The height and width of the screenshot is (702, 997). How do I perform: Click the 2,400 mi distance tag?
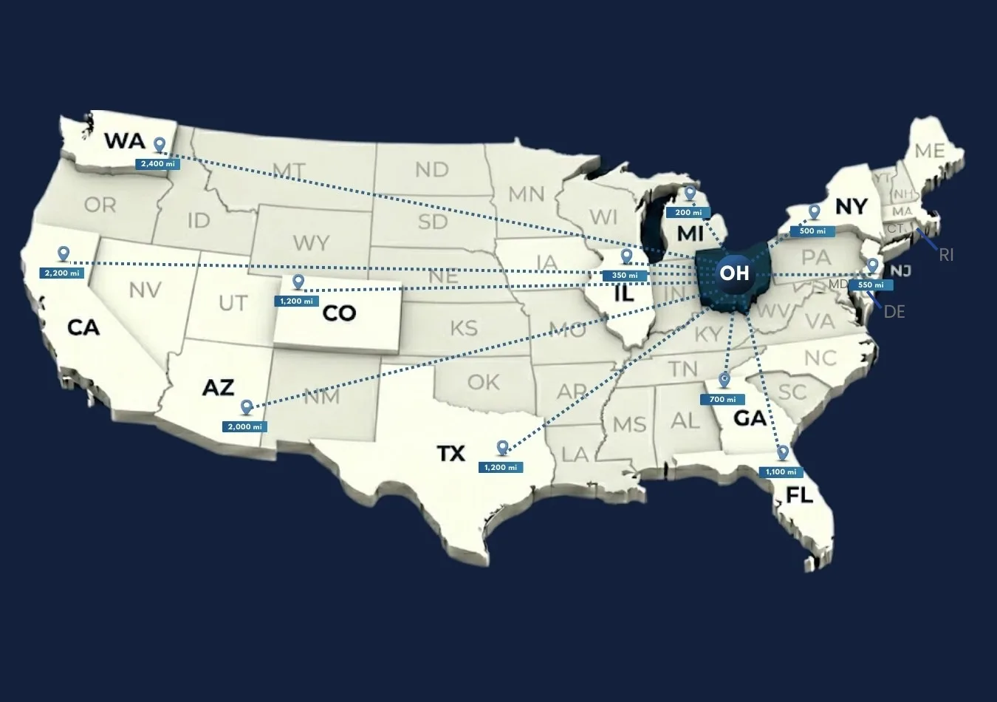pyautogui.click(x=157, y=163)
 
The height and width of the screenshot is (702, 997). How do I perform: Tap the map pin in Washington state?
pyautogui.click(x=159, y=145)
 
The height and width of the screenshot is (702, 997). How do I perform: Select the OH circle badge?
pyautogui.click(x=734, y=273)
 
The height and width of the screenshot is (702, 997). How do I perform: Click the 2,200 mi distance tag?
pyautogui.click(x=61, y=273)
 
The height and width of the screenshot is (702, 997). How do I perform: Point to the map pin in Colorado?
pyautogui.click(x=298, y=282)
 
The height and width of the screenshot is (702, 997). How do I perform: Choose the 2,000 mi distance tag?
pyautogui.click(x=244, y=426)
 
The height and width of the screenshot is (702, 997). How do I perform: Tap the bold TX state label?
pyautogui.click(x=451, y=452)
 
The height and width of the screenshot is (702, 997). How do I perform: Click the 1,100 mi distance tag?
pyautogui.click(x=781, y=471)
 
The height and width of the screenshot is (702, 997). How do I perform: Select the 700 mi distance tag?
pyautogui.click(x=722, y=399)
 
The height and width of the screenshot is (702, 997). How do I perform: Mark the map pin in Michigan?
pyautogui.click(x=690, y=194)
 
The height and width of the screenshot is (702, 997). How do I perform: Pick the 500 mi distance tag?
pyautogui.click(x=812, y=231)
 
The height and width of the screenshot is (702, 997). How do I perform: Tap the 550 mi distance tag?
pyautogui.click(x=871, y=284)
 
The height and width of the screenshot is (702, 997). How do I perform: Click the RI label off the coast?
pyautogui.click(x=946, y=255)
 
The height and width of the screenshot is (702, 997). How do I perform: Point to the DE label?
pyautogui.click(x=894, y=312)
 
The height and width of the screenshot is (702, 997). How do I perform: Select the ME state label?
pyautogui.click(x=929, y=151)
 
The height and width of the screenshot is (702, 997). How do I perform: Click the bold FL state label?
pyautogui.click(x=800, y=494)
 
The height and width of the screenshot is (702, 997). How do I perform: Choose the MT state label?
pyautogui.click(x=288, y=171)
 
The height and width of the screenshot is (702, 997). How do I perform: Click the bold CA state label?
pyautogui.click(x=83, y=327)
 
